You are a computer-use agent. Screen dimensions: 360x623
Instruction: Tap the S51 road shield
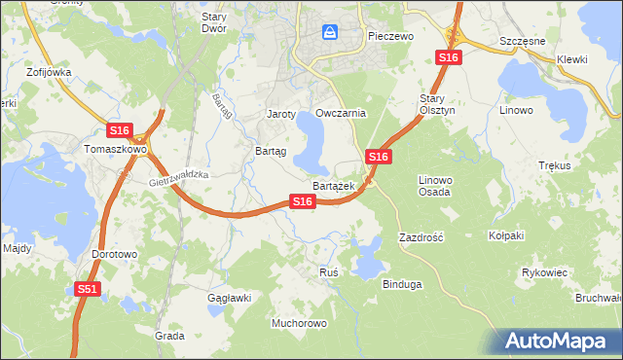pos(89,289)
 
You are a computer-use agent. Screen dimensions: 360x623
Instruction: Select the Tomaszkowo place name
pos(115,150)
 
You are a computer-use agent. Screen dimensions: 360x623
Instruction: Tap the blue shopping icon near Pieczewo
pos(330,33)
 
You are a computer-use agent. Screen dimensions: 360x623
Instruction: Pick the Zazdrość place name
pos(421,236)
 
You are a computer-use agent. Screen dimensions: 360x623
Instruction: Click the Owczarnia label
pos(341,113)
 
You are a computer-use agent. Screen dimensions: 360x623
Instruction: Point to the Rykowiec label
pos(544,272)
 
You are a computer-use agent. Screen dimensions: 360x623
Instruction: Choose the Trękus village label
pos(553,166)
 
